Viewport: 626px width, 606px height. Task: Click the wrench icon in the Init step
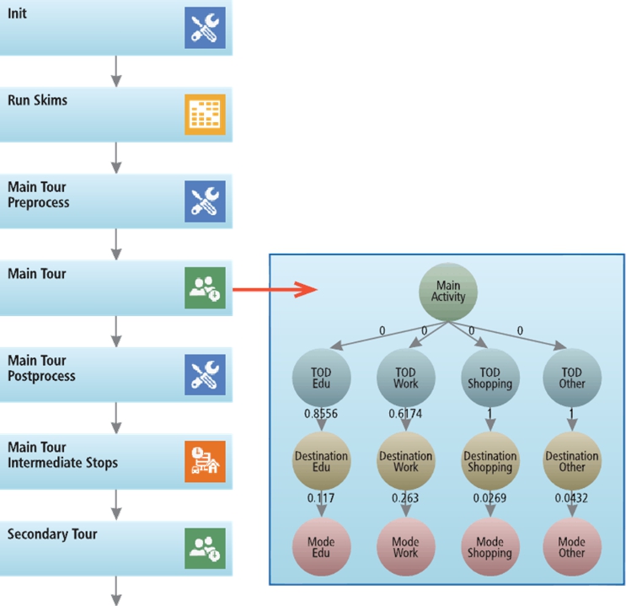pyautogui.click(x=205, y=28)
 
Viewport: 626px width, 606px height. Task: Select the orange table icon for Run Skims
pyautogui.click(x=205, y=115)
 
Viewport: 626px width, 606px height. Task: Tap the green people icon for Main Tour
pyautogui.click(x=205, y=288)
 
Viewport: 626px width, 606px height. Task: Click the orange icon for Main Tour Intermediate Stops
pyautogui.click(x=205, y=462)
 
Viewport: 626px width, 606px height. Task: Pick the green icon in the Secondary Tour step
pyautogui.click(x=205, y=548)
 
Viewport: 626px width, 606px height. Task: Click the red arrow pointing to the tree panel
pyautogui.click(x=274, y=290)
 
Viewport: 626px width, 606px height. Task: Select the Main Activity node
pyautogui.click(x=448, y=292)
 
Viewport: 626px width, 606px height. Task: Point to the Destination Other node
pyautogui.click(x=572, y=462)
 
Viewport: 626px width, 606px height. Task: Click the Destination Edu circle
pyautogui.click(x=320, y=462)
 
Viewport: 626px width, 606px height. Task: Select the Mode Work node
pyautogui.click(x=405, y=548)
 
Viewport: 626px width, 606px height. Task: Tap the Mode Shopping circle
pyautogui.click(x=490, y=548)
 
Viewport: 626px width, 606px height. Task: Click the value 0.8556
pyautogui.click(x=321, y=415)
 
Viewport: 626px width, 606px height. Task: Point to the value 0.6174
pyautogui.click(x=405, y=415)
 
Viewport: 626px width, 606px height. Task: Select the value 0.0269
pyautogui.click(x=490, y=498)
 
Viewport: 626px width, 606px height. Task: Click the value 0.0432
pyautogui.click(x=572, y=498)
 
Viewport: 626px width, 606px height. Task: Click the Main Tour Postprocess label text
pyautogui.click(x=41, y=369)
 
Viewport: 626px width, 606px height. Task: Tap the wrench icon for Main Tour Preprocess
pyautogui.click(x=205, y=201)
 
